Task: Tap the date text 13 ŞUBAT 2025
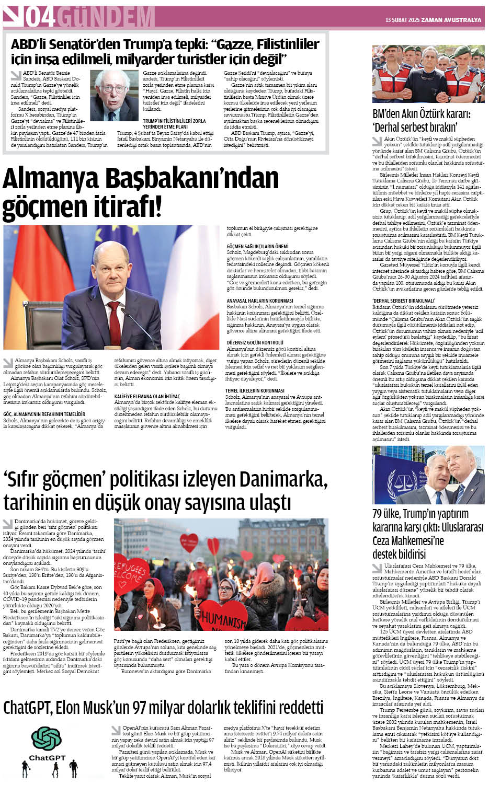coord(403,20)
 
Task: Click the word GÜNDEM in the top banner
coord(105,17)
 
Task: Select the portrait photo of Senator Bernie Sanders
coord(114,96)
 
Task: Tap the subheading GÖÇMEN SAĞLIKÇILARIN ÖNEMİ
coord(257,246)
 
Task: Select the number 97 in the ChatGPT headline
coord(139,708)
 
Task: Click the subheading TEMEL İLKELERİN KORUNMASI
coord(255,390)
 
